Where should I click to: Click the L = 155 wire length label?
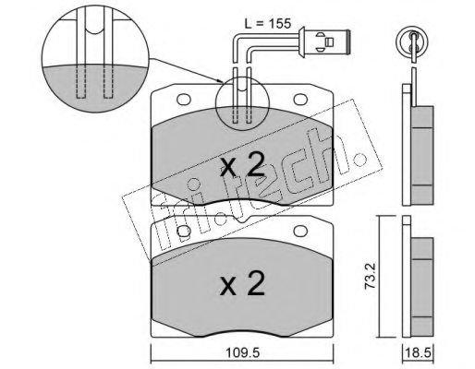267,24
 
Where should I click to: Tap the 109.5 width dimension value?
242,352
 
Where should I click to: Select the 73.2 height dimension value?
370,280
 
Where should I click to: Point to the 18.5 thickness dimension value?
417,352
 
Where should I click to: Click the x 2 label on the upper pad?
242,165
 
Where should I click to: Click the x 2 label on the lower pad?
242,283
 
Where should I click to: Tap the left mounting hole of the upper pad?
184,99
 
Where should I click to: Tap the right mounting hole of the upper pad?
300,99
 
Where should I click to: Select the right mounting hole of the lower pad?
300,232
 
